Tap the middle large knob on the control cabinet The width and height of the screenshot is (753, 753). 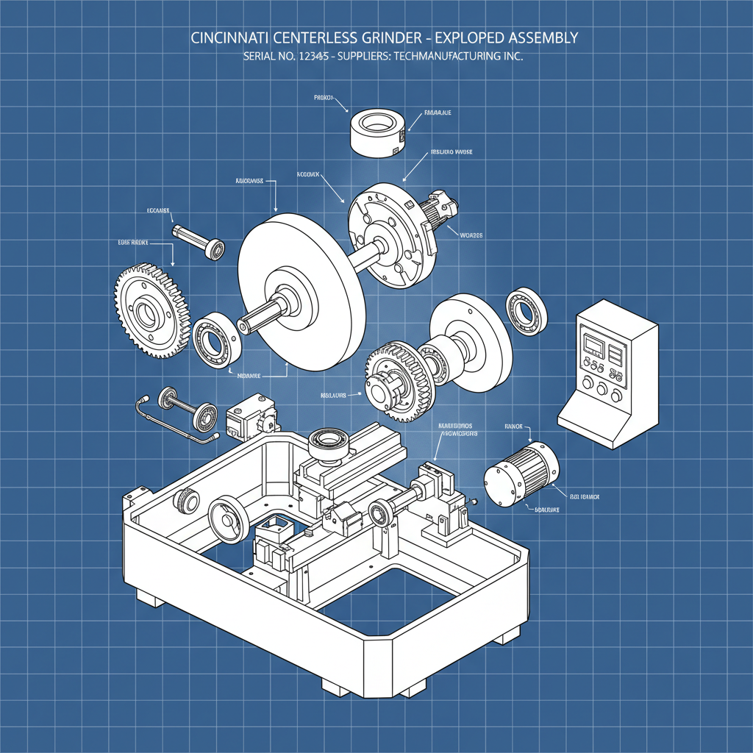point(602,389)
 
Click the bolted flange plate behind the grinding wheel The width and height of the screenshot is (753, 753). point(390,235)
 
